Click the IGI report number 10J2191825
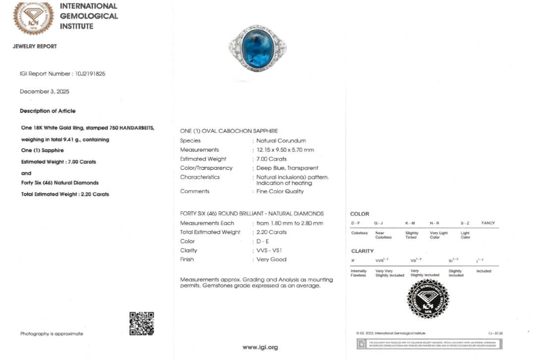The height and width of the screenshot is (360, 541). point(90,74)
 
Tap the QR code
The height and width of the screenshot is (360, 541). point(142,323)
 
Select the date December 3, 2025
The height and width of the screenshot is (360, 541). point(45,92)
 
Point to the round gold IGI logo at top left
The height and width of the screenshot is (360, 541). point(33,18)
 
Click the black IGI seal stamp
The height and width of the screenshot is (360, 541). point(427,299)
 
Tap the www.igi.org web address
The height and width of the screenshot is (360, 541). point(260,347)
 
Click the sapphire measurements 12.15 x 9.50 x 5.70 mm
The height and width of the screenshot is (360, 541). point(285,150)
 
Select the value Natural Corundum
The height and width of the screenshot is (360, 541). point(281,141)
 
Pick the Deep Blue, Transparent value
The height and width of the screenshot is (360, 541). point(287,168)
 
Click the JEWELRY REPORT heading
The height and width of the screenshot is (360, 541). point(35,47)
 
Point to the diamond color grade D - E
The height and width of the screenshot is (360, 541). point(263,241)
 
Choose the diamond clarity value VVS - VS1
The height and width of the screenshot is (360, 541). point(269,251)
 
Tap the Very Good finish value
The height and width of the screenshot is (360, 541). point(271,259)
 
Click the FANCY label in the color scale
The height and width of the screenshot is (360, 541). point(487,223)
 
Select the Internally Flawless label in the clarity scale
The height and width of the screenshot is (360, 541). point(358,273)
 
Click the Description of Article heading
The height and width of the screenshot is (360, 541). point(48,111)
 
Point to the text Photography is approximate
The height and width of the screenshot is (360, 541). point(52,334)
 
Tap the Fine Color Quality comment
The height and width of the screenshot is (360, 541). point(280,191)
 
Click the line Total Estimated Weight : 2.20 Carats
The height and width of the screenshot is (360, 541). point(65,194)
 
